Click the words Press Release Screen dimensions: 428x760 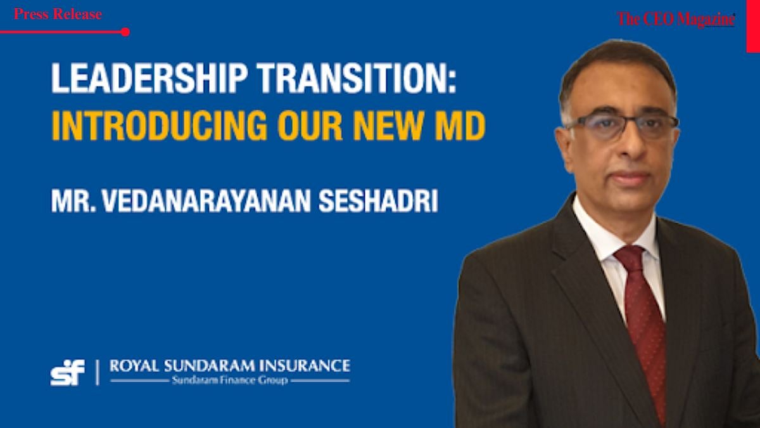[58, 15]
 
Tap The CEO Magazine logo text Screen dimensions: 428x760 [676, 19]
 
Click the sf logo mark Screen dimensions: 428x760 [67, 372]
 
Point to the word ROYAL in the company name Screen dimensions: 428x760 [129, 366]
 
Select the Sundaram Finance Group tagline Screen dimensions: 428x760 [229, 380]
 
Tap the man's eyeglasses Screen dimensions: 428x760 [621, 125]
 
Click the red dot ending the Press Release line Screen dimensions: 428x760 [125, 32]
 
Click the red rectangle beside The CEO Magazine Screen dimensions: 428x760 [752, 25]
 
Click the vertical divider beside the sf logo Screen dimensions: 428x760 [98, 372]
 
